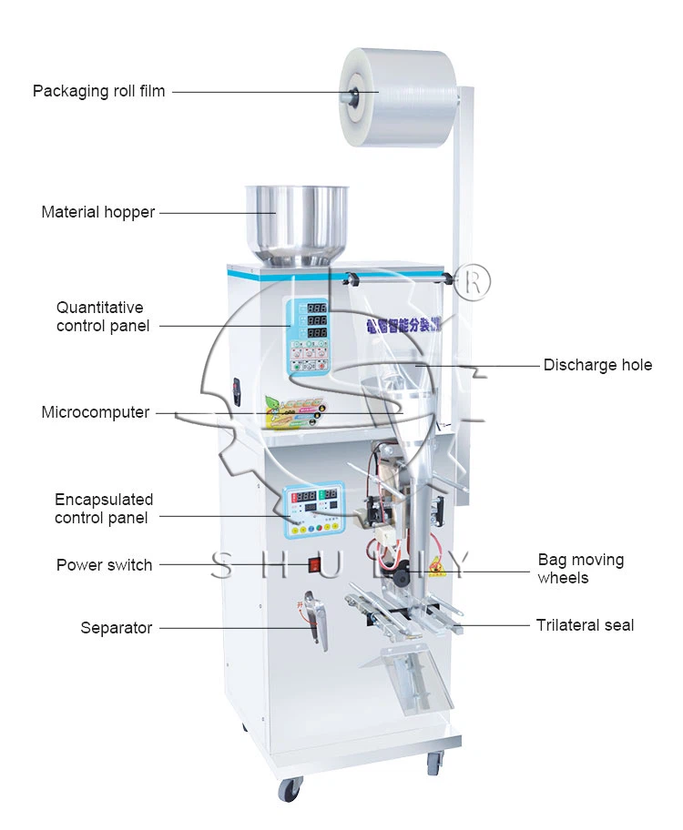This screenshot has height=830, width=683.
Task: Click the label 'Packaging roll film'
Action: pos(99,91)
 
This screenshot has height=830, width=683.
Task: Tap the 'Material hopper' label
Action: pos(98,212)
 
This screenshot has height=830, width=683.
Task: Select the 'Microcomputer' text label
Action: pos(96,412)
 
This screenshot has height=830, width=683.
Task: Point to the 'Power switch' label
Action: pos(105,564)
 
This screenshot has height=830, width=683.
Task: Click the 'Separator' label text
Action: pos(117,627)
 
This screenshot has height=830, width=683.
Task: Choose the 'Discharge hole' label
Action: pos(597,365)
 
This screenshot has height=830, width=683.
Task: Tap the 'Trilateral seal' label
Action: pos(585,625)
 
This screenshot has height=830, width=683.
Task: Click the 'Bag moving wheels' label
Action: pos(581,569)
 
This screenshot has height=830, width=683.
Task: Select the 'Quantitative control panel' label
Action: pos(102,317)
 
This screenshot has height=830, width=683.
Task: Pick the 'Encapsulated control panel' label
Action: pos(102,509)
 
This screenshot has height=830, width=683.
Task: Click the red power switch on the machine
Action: pos(315,564)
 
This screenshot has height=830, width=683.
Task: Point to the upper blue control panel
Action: pos(309,334)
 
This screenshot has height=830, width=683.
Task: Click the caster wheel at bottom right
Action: pos(435,764)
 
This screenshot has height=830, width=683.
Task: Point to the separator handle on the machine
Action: pos(316,619)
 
